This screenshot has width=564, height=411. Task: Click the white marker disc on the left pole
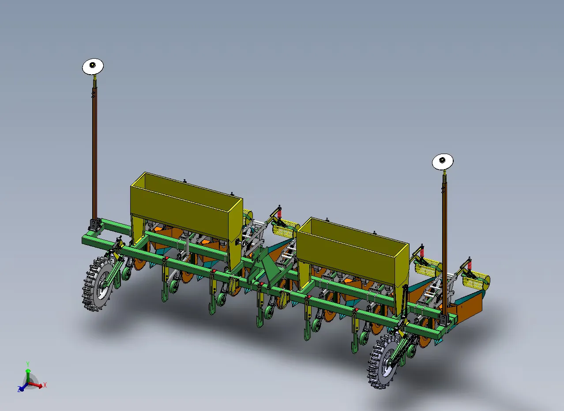(x=93, y=67)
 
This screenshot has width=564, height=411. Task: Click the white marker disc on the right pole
(x=443, y=162)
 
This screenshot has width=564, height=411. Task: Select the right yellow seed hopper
(x=353, y=253)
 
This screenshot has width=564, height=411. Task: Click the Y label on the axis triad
(x=28, y=364)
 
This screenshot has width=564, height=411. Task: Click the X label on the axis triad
(x=45, y=385)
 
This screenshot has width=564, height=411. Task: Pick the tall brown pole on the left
(x=95, y=151)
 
